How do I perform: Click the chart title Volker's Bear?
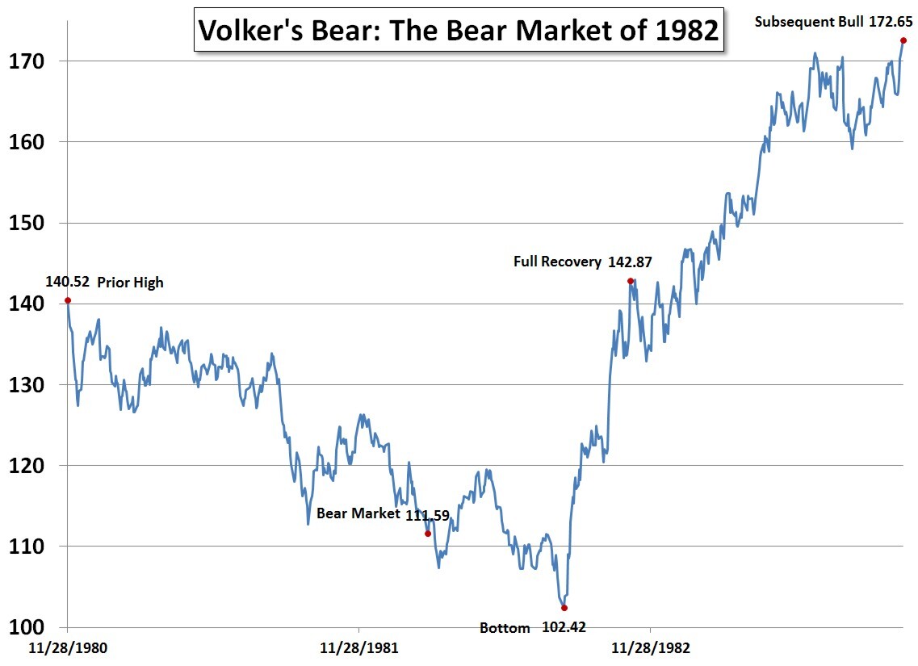coord(459,31)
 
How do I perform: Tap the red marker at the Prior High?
coord(68,300)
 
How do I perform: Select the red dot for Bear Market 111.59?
coord(428,533)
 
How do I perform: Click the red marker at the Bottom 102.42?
coord(564,608)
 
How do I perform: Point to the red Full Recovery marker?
coord(630,281)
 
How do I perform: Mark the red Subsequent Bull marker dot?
coord(903,40)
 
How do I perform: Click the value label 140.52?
coord(67,282)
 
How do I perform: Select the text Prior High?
coord(130,283)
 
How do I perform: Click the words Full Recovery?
coord(557,262)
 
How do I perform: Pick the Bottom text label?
coord(505,628)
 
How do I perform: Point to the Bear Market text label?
coord(358,513)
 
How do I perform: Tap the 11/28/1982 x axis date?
coord(651,647)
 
